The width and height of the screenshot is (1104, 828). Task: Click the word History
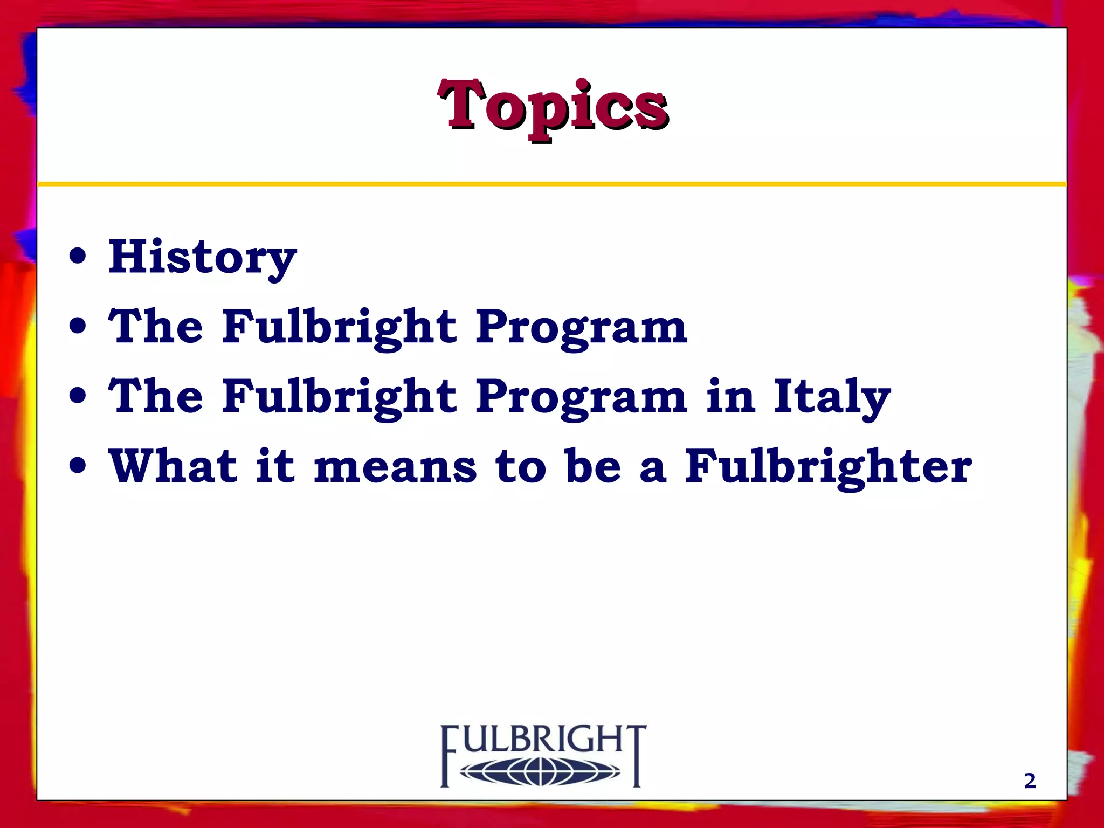[202, 258]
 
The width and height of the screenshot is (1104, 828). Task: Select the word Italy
[832, 397]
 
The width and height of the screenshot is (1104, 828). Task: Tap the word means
[395, 467]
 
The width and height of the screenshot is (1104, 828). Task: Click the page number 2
[1030, 781]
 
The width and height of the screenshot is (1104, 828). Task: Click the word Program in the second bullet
[581, 327]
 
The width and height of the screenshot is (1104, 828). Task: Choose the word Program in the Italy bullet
[581, 397]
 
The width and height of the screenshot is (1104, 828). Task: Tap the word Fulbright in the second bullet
[340, 327]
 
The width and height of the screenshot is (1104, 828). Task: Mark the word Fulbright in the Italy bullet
[340, 397]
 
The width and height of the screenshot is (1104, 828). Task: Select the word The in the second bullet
[156, 327]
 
